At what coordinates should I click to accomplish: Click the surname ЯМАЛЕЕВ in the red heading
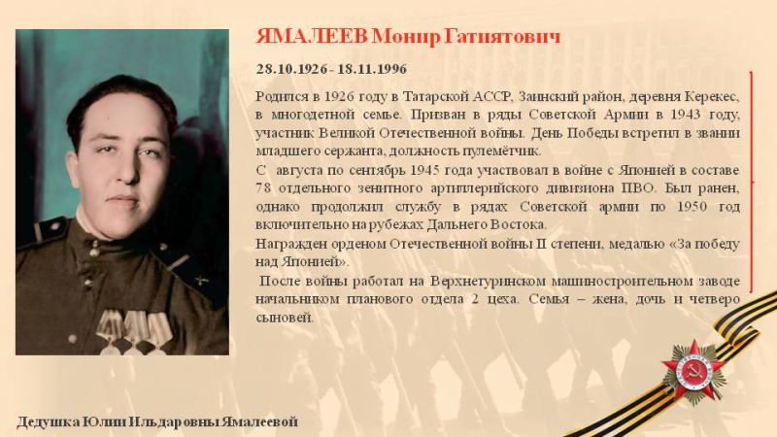(312, 37)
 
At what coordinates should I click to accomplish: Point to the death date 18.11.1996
(372, 69)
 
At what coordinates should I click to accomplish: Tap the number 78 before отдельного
(263, 188)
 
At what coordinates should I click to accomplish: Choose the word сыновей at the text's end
(285, 318)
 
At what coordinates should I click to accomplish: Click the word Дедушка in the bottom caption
(48, 422)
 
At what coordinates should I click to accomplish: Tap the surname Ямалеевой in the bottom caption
(259, 422)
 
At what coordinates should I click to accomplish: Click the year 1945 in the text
(425, 170)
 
